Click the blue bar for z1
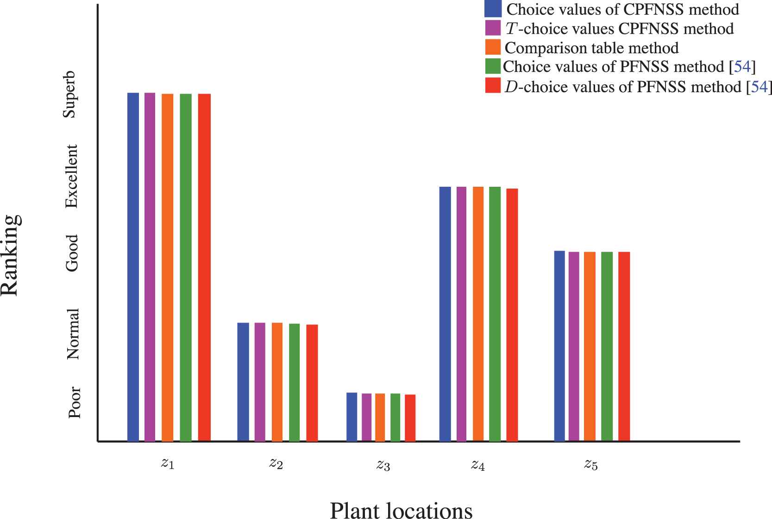[133, 267]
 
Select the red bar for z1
[204, 267]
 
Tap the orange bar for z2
[277, 382]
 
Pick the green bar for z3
[395, 417]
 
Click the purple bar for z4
[461, 314]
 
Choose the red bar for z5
[624, 346]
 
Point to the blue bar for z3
[351, 417]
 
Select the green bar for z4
[495, 314]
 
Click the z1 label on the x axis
[168, 464]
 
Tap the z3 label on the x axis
[383, 465]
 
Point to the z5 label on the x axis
[590, 464]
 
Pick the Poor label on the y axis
[74, 402]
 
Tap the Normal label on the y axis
[73, 334]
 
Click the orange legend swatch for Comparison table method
[493, 47]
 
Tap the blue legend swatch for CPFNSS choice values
[493, 9]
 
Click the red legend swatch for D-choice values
[493, 86]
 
